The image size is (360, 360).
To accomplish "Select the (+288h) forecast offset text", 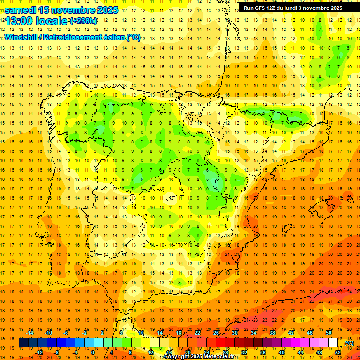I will (x=83, y=21).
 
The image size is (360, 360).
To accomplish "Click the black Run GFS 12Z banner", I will (x=293, y=7).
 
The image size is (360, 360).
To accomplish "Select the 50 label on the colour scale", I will (x=329, y=333).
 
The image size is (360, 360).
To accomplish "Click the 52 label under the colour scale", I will (x=338, y=352).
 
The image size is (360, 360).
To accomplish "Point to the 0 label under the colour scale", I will (x=93, y=352).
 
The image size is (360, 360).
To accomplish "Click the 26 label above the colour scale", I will (x=216, y=333).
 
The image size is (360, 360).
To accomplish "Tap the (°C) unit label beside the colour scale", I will (x=349, y=343).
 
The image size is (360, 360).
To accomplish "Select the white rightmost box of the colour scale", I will (x=333, y=343).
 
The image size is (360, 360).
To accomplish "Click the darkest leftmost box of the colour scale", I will (x=23, y=343).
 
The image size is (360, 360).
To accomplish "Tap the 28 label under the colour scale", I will (x=225, y=352).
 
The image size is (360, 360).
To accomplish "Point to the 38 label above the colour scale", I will (x=272, y=333).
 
